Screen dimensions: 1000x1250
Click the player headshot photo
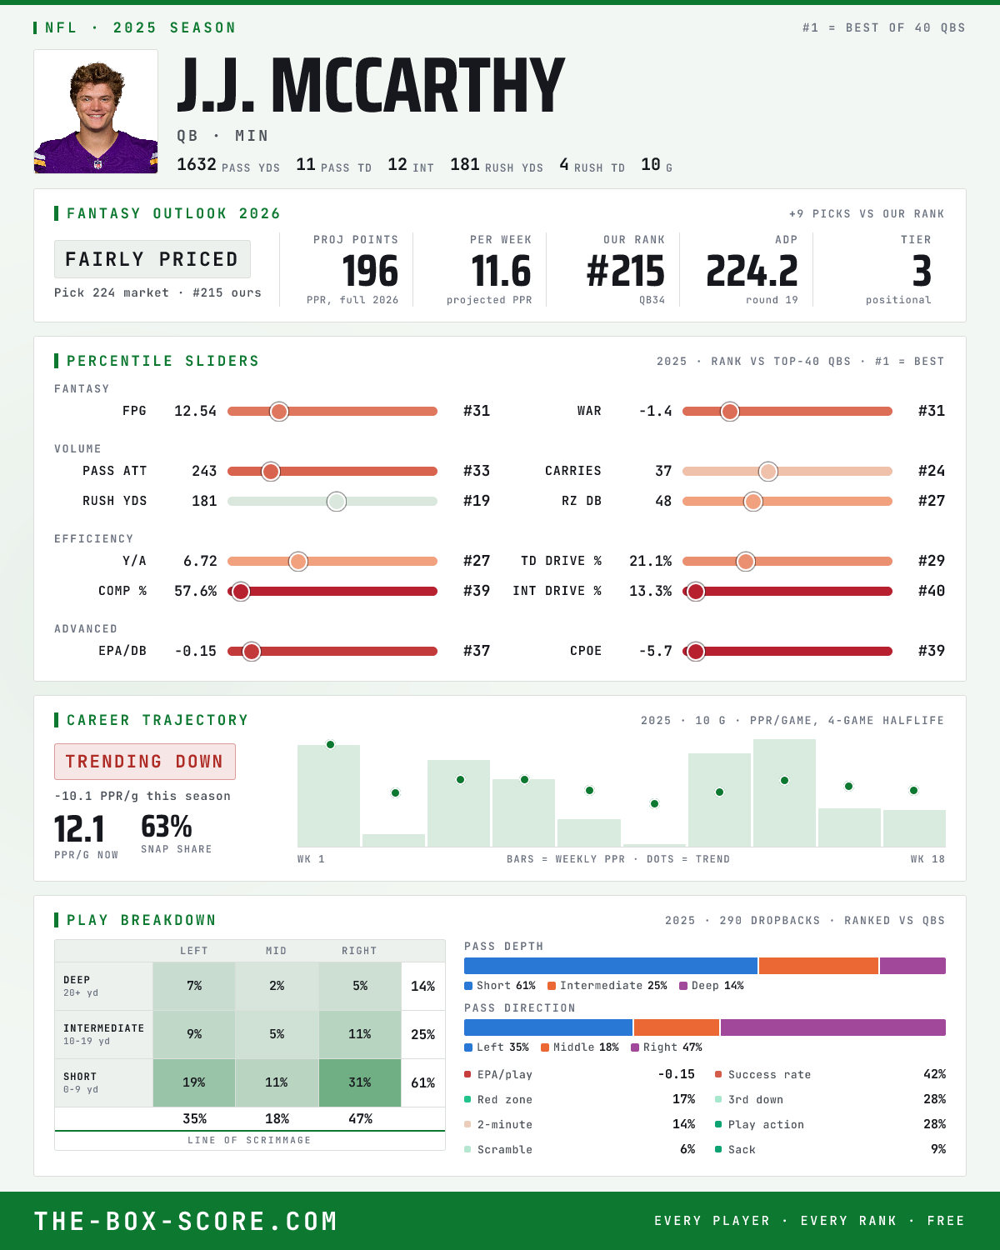(x=96, y=112)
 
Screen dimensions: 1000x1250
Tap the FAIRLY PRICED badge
(x=152, y=259)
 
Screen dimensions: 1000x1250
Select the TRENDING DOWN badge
(x=145, y=762)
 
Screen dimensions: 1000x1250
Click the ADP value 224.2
(x=752, y=272)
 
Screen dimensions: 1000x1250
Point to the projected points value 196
(x=370, y=272)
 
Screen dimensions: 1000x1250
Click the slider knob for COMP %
(x=241, y=592)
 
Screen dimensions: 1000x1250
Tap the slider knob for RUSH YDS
(x=337, y=502)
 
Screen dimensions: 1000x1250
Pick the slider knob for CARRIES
(x=768, y=471)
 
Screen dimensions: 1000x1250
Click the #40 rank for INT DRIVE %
(x=932, y=591)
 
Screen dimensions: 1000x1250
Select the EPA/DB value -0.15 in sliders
(x=196, y=651)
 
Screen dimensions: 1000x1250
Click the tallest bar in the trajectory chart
(x=784, y=792)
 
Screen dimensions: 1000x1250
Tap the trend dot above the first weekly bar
(x=330, y=745)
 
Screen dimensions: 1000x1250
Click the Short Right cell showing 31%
(x=360, y=1082)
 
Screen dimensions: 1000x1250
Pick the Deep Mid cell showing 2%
(x=277, y=987)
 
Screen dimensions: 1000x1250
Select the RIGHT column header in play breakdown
(x=359, y=951)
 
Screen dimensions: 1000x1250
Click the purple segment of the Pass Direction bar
(x=833, y=1027)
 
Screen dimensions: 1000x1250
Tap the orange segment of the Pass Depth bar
(x=818, y=966)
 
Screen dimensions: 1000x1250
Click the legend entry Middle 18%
(x=580, y=1047)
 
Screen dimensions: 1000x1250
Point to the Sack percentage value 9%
(x=938, y=1149)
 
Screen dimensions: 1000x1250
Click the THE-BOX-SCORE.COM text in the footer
(x=186, y=1222)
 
